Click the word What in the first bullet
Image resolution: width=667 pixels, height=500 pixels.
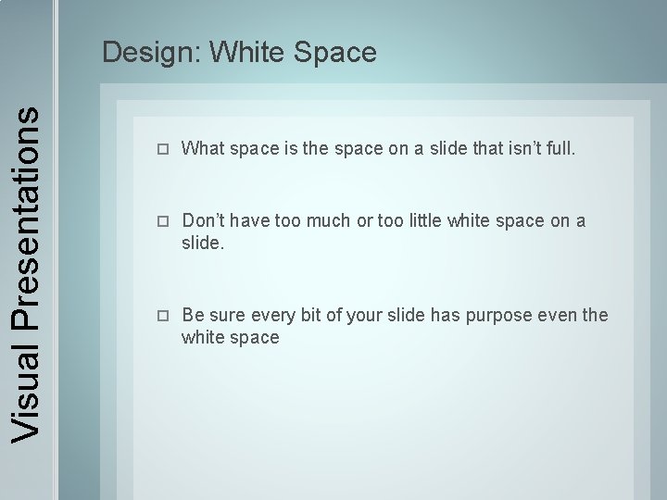[x=203, y=148]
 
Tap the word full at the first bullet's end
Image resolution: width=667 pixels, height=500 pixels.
[x=561, y=148]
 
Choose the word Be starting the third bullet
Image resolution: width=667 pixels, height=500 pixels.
[x=193, y=315]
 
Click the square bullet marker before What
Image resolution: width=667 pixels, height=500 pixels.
[x=163, y=149]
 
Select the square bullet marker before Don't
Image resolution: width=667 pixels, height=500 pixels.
[x=163, y=221]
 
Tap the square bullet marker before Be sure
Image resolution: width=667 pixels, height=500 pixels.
[x=163, y=316]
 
